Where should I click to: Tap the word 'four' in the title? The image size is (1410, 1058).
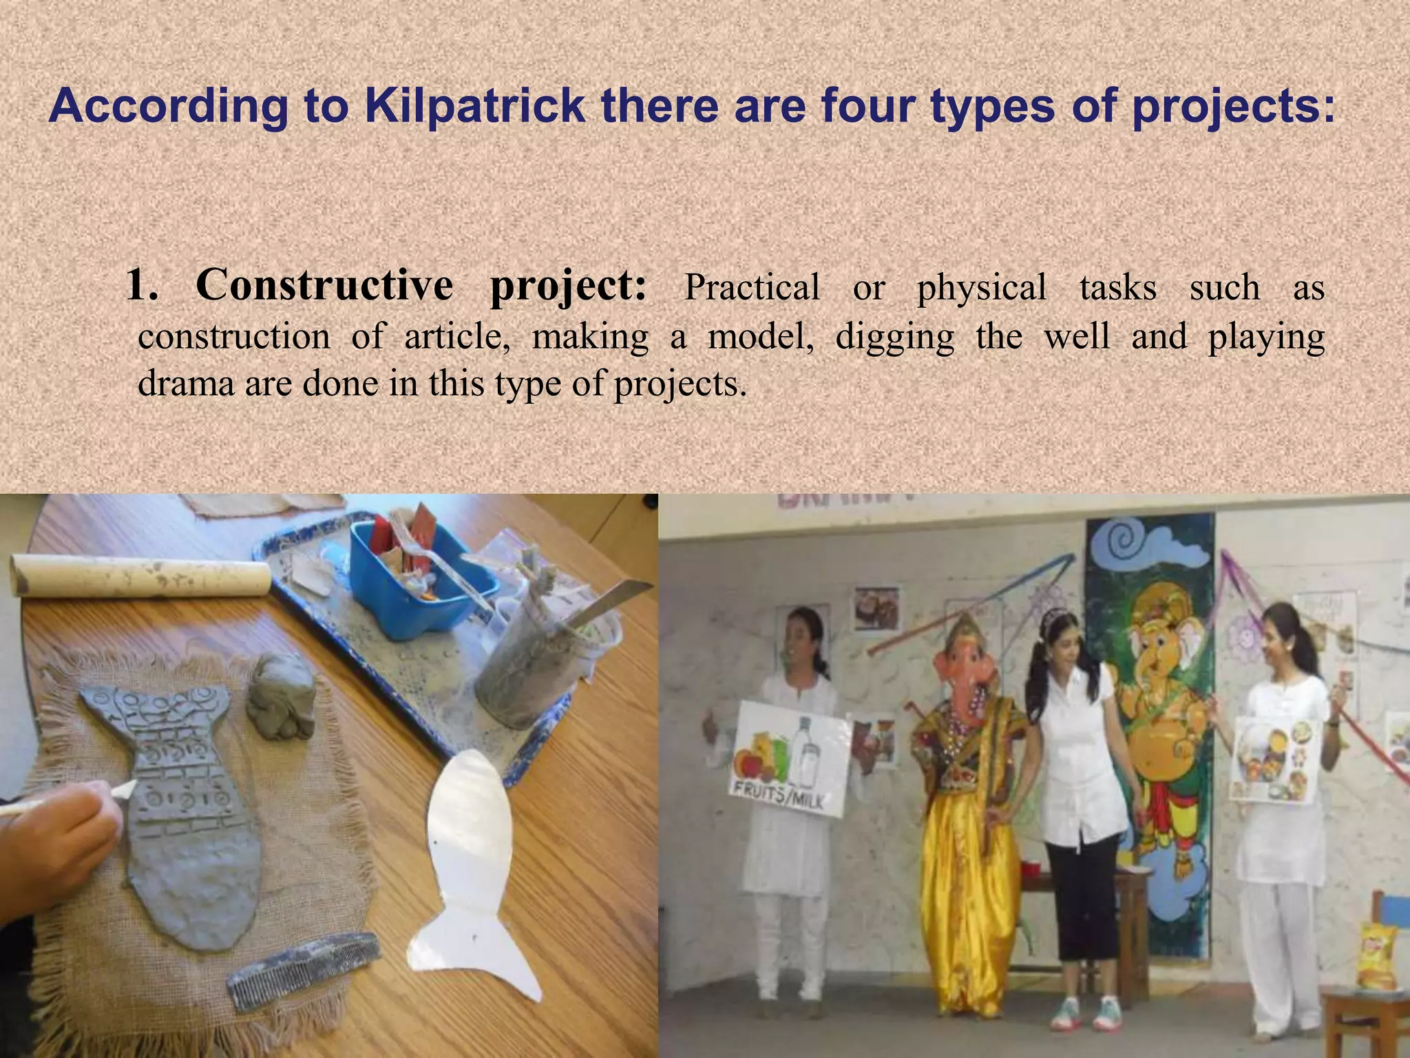pyautogui.click(x=865, y=107)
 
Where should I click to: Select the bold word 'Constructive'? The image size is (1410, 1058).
pyautogui.click(x=324, y=284)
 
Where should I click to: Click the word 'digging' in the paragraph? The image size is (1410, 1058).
pyautogui.click(x=894, y=338)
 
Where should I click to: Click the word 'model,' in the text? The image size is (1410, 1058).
pyautogui.click(x=760, y=338)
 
